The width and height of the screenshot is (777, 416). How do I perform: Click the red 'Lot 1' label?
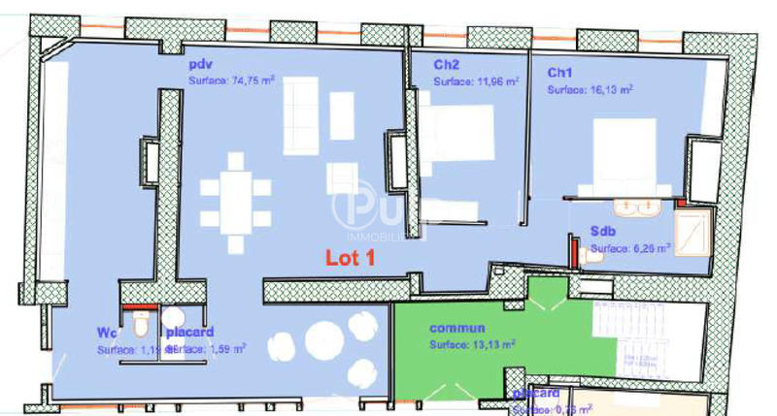pos(350,258)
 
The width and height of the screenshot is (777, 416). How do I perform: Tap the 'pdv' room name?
pos(200,64)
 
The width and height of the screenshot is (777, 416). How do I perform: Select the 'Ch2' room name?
pos(446,64)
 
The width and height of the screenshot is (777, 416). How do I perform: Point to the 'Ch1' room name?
pos(559,73)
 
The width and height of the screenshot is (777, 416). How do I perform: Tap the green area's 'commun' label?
pos(456,328)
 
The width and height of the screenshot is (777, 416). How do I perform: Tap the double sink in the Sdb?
pos(637,207)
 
